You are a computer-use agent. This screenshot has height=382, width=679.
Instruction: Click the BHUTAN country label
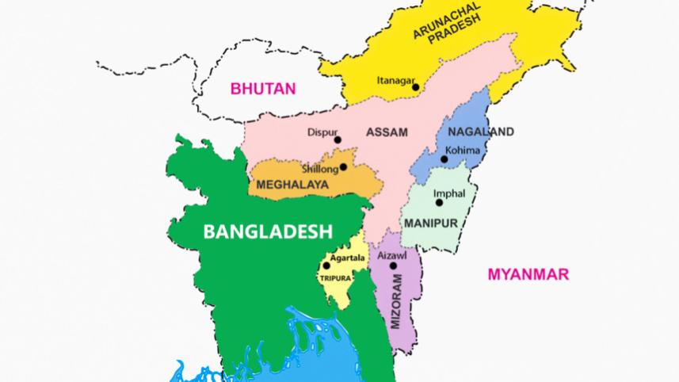[262, 88]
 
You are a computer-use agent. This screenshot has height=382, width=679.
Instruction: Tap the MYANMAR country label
[528, 274]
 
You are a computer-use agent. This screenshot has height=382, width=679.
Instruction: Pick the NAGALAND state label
[480, 132]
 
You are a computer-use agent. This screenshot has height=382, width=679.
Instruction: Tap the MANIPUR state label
[430, 224]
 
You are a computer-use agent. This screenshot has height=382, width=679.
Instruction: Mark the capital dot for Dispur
[338, 140]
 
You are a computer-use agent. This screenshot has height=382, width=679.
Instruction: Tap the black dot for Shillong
[343, 168]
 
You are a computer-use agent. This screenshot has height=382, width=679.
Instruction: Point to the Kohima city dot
[444, 159]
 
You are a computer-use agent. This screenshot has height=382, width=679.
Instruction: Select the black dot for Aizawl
[392, 266]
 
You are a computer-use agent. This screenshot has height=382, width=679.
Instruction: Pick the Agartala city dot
[326, 266]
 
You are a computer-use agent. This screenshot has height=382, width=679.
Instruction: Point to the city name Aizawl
[394, 256]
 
